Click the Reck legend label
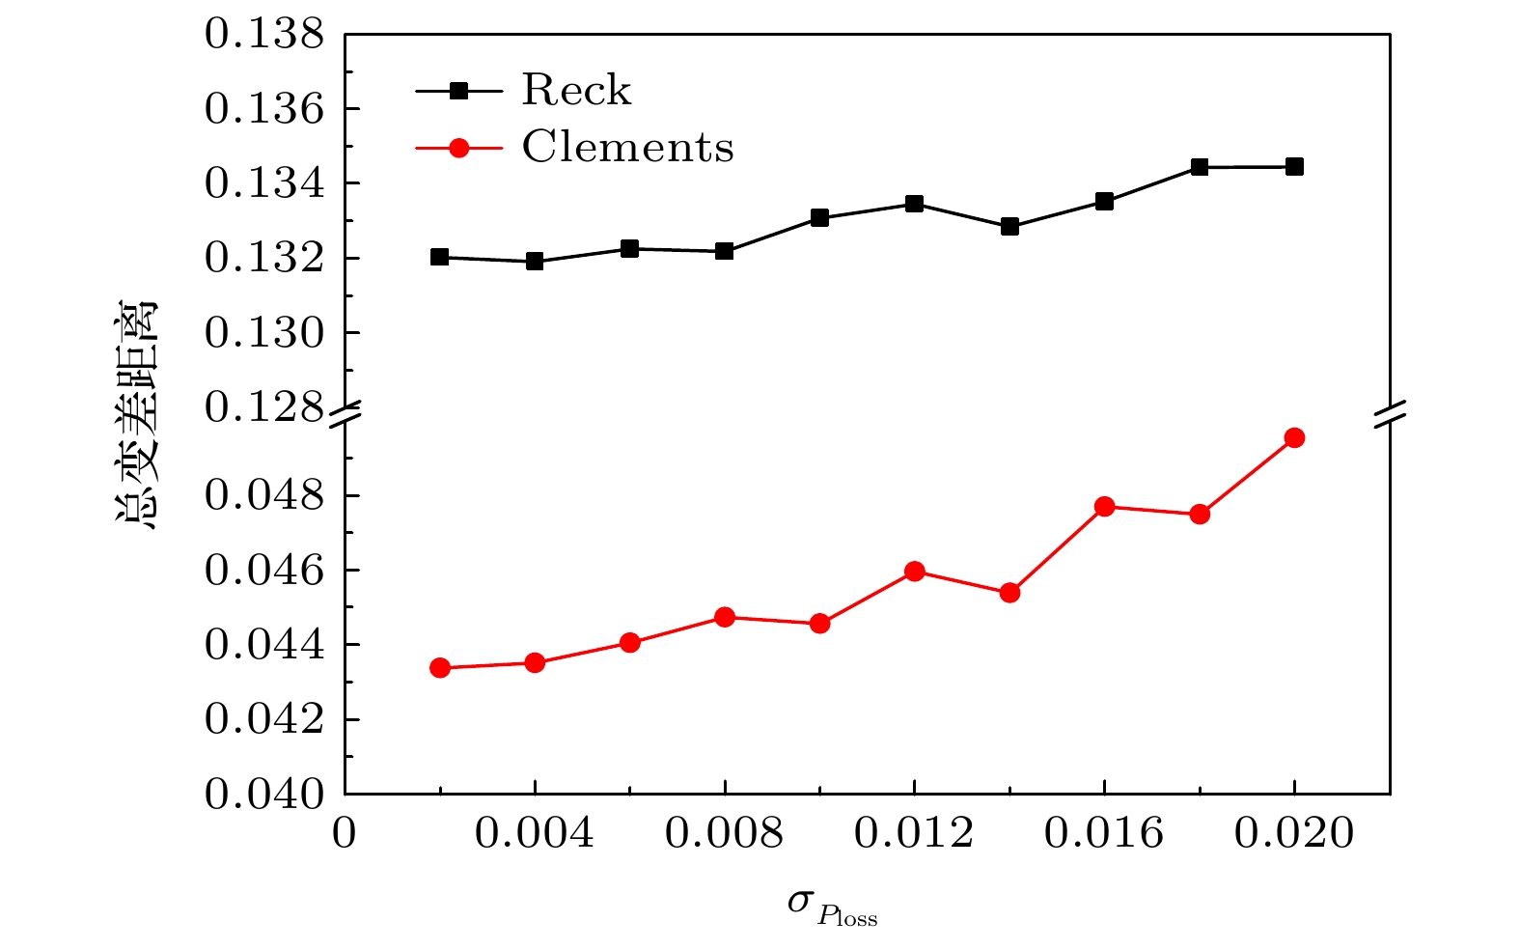click(576, 91)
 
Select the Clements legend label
click(627, 148)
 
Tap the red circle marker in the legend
click(459, 148)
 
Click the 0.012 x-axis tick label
click(914, 833)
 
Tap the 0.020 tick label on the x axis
click(1294, 833)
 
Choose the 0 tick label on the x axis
click(345, 833)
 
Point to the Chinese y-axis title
click(136, 415)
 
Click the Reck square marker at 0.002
click(440, 257)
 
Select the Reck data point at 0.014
click(1009, 227)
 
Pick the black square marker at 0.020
click(1294, 167)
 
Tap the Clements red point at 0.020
click(1294, 438)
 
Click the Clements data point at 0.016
click(1104, 507)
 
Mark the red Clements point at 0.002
click(440, 668)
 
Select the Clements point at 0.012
click(914, 572)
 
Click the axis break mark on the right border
click(1390, 413)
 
